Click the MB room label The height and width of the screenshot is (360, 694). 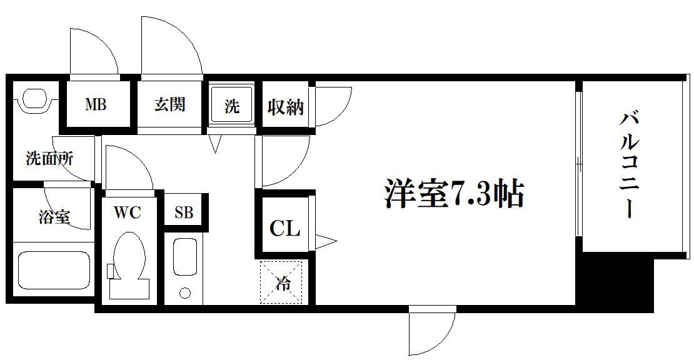click(x=96, y=105)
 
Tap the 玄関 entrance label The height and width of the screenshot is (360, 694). click(x=169, y=105)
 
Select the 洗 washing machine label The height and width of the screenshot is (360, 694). click(x=231, y=106)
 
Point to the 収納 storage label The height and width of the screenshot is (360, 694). click(x=286, y=107)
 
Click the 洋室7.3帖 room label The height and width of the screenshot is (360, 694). click(x=454, y=194)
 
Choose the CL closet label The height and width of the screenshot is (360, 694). click(x=285, y=228)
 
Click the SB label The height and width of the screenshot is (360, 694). click(x=184, y=212)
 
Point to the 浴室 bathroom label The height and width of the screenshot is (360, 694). click(x=54, y=216)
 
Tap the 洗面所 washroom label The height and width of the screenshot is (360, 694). click(x=49, y=158)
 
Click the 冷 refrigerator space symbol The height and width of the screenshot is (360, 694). click(x=281, y=282)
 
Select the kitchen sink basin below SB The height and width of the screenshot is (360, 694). click(x=184, y=256)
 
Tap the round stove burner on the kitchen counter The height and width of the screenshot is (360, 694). click(x=184, y=292)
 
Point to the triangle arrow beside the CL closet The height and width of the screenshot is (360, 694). click(x=326, y=241)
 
